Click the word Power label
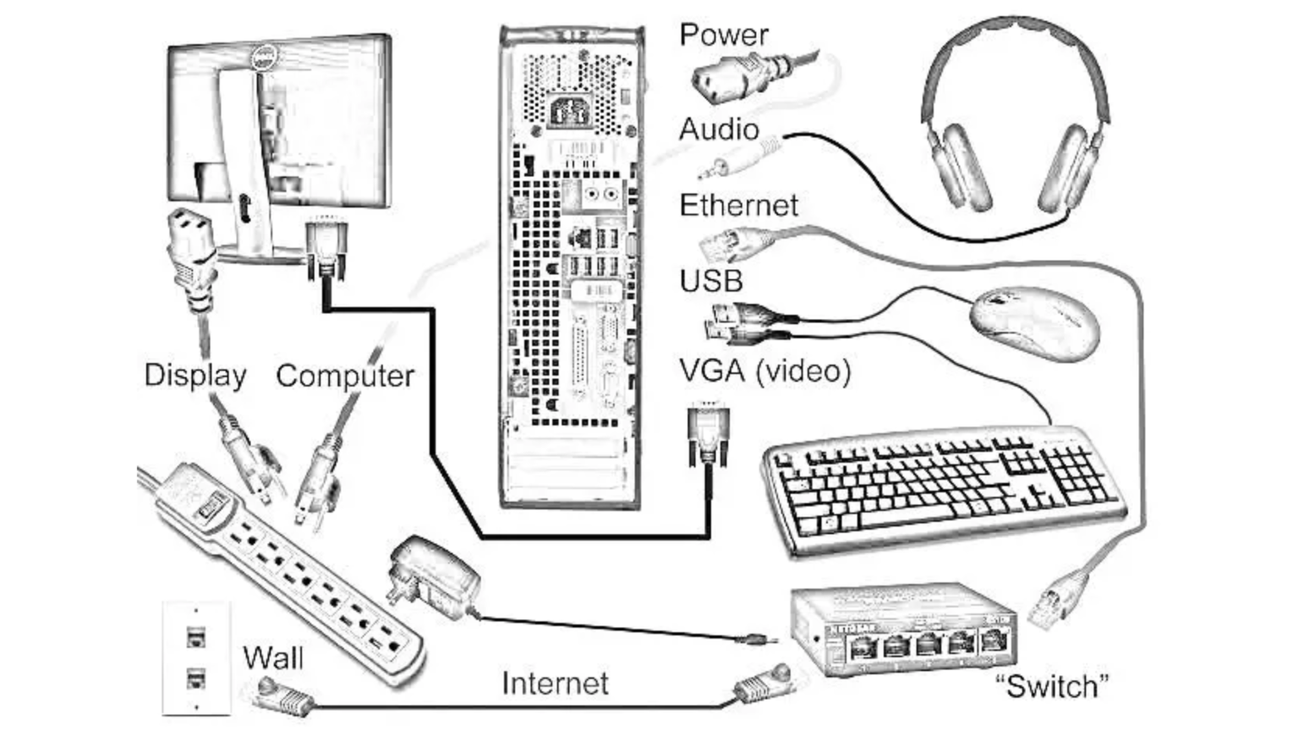(x=723, y=36)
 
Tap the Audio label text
(x=719, y=130)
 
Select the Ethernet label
(x=738, y=206)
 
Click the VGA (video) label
(x=765, y=371)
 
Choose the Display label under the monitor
(x=195, y=375)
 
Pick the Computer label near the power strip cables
(x=345, y=376)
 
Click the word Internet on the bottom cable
(x=555, y=683)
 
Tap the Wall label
(x=272, y=657)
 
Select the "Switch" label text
(x=1051, y=685)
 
